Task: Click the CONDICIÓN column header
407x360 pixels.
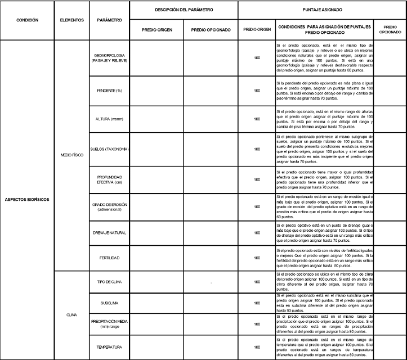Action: tap(27, 20)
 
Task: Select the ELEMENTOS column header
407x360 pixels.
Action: tap(71, 20)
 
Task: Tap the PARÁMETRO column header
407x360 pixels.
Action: tap(109, 20)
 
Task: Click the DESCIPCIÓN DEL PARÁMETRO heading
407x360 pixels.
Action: tap(184, 11)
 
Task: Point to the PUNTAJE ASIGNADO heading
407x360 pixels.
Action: tap(322, 11)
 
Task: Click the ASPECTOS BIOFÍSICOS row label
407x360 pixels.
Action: tap(27, 199)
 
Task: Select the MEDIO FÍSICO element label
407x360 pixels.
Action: tap(71, 155)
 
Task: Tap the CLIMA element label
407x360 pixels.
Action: tap(71, 314)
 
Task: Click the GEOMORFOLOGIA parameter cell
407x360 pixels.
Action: tap(109, 58)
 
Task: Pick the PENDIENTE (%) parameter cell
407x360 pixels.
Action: tap(109, 90)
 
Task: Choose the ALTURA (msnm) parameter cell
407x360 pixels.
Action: tap(109, 119)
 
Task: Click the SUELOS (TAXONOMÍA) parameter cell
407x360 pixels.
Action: tap(109, 148)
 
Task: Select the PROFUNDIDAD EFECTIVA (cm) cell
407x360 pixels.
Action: tap(109, 179)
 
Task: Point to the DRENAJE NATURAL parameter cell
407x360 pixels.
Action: tap(109, 232)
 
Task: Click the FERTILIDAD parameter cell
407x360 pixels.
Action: tap(109, 258)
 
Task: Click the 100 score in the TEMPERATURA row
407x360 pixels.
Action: tap(257, 347)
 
